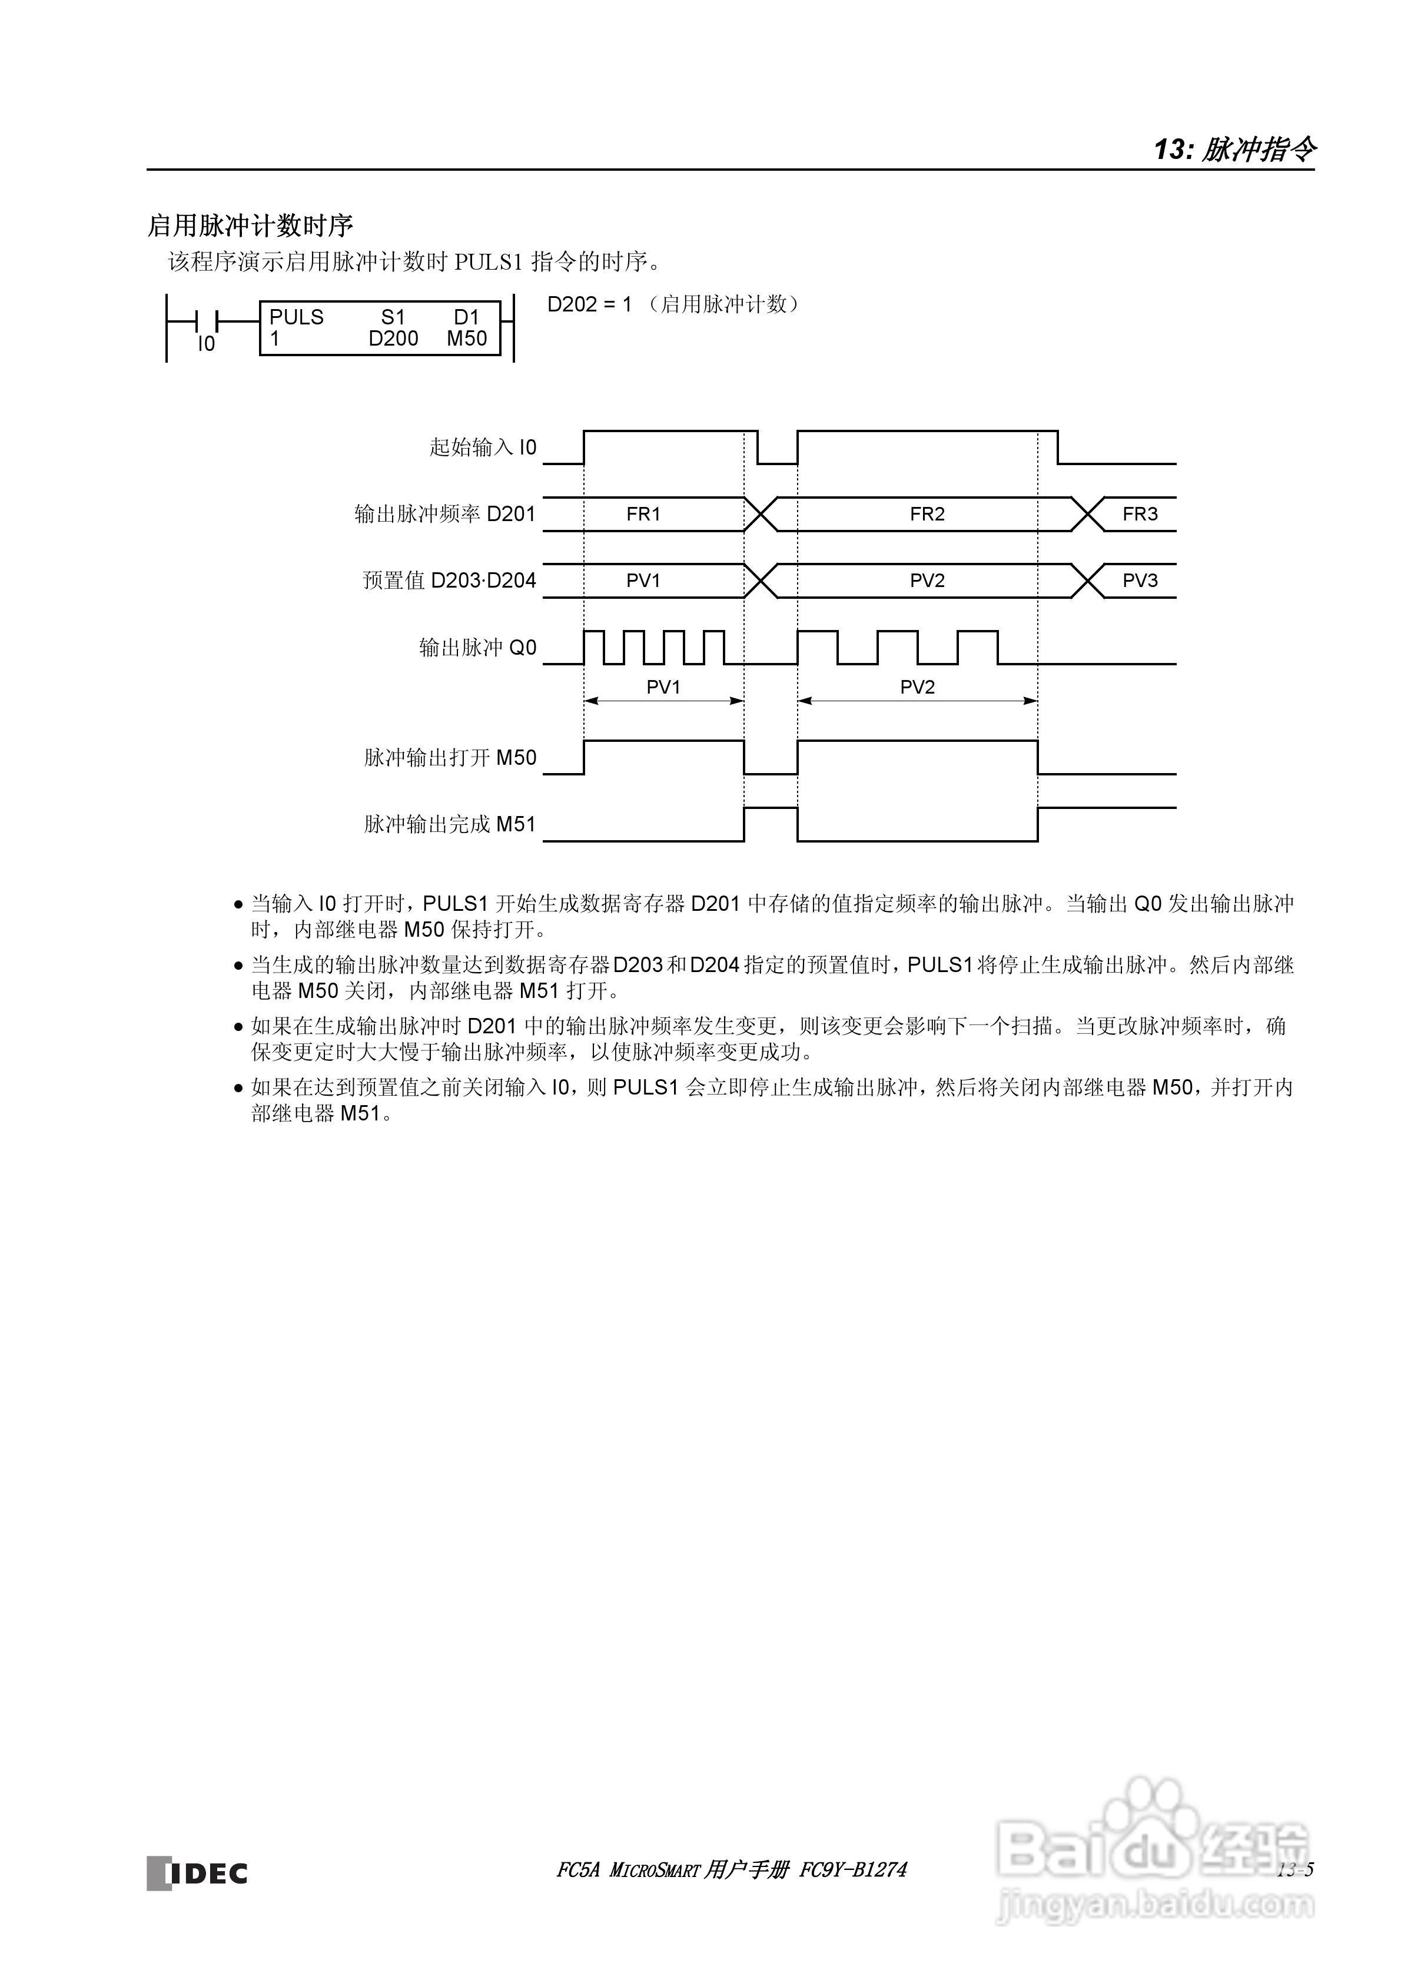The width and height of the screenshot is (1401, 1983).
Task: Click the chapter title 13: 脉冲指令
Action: coord(1234,150)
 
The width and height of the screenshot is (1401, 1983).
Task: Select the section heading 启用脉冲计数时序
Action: coord(251,226)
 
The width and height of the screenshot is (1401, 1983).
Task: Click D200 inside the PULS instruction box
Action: coord(393,339)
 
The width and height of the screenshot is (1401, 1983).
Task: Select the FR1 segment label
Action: coord(643,514)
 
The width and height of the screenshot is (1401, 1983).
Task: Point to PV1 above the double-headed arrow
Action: coord(663,687)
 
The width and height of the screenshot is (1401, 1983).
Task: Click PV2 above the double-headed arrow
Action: coord(917,687)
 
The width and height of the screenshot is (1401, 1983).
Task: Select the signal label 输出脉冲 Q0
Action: coord(477,648)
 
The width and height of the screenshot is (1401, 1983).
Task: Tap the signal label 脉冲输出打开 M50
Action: coord(450,757)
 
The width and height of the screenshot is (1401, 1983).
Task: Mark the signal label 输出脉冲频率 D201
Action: coord(445,514)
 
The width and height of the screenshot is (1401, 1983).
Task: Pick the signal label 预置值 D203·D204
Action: coord(449,581)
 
